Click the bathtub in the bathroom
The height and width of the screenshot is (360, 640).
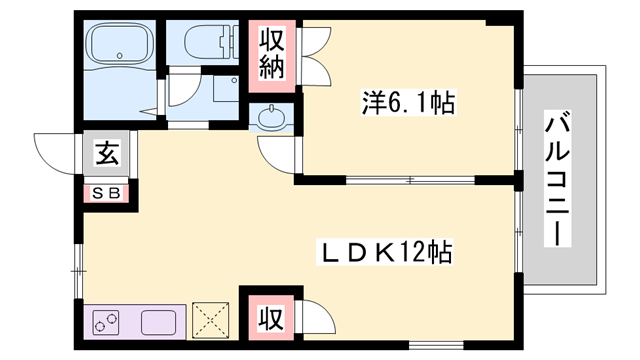tap(121, 44)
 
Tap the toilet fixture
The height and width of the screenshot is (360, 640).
tap(212, 46)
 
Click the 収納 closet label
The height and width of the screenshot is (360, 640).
tap(273, 55)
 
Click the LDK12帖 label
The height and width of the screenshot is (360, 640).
tap(384, 253)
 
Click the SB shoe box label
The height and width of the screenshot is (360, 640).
tap(106, 193)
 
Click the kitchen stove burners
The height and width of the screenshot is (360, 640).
tap(106, 323)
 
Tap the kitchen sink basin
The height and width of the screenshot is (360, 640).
tap(160, 323)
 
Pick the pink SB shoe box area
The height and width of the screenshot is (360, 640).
tap(106, 193)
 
